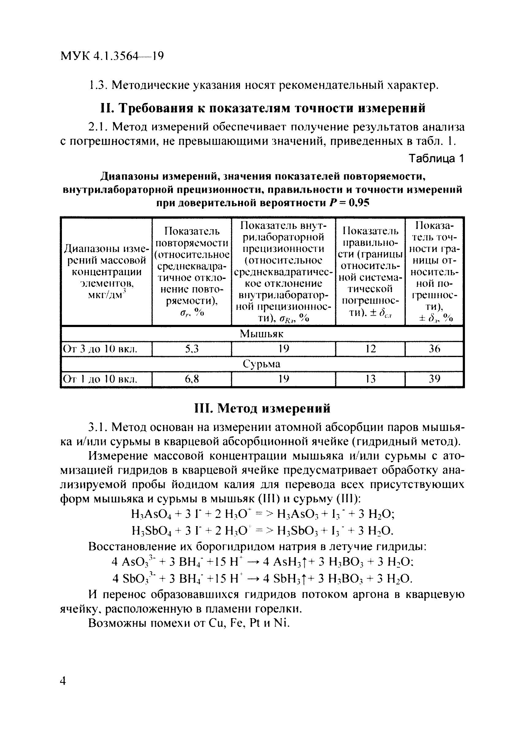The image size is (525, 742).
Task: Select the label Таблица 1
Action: tap(436, 158)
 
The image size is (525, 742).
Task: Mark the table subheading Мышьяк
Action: tap(261, 334)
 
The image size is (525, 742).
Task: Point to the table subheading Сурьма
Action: tap(261, 364)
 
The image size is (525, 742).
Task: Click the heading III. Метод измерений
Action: tap(262, 408)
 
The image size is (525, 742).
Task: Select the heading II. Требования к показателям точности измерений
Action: tap(262, 108)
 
